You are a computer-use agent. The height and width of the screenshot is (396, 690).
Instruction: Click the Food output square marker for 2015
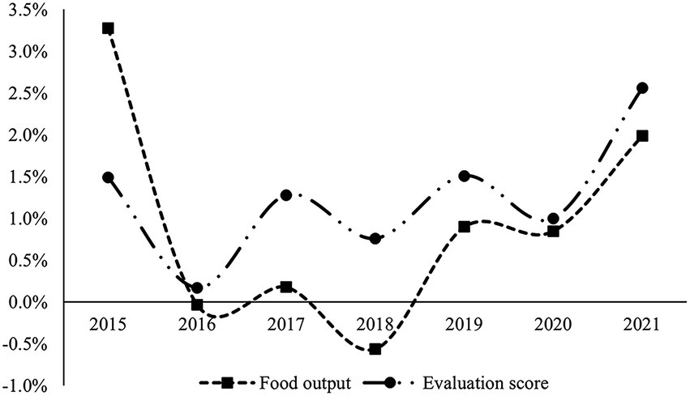click(108, 28)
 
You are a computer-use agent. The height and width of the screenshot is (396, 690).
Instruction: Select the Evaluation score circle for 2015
click(108, 177)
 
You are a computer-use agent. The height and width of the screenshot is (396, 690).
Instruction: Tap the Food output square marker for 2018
click(375, 349)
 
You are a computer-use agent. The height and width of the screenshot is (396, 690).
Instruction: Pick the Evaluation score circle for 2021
click(642, 88)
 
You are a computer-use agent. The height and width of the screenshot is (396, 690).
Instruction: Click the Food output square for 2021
click(642, 136)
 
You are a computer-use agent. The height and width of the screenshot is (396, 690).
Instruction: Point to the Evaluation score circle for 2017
click(286, 195)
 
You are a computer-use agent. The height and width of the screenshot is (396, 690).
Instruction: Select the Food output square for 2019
click(464, 227)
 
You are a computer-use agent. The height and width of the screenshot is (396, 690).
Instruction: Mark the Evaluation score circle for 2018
click(375, 239)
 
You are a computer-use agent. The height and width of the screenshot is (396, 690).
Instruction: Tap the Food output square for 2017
click(286, 287)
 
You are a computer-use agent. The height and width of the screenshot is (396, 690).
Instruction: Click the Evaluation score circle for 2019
click(464, 176)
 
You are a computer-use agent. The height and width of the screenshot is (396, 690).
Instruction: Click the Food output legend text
click(306, 381)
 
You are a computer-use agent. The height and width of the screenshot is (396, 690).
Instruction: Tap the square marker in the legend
click(228, 381)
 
